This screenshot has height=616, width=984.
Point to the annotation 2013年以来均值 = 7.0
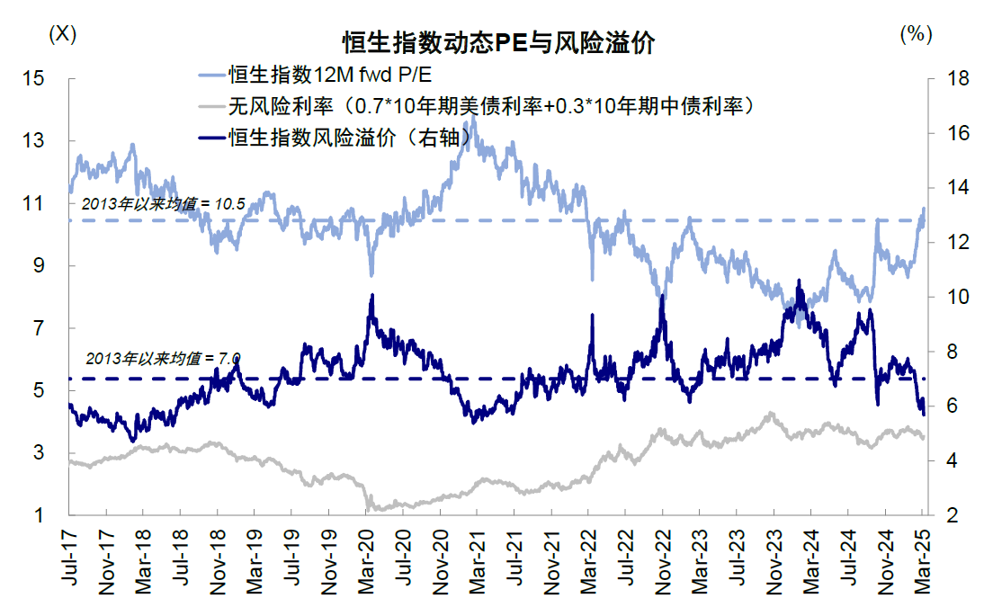[x=163, y=358]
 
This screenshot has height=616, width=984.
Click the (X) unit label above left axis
[x=62, y=33]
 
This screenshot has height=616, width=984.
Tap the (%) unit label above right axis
[x=914, y=33]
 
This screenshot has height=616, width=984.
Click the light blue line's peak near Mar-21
[x=474, y=118]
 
